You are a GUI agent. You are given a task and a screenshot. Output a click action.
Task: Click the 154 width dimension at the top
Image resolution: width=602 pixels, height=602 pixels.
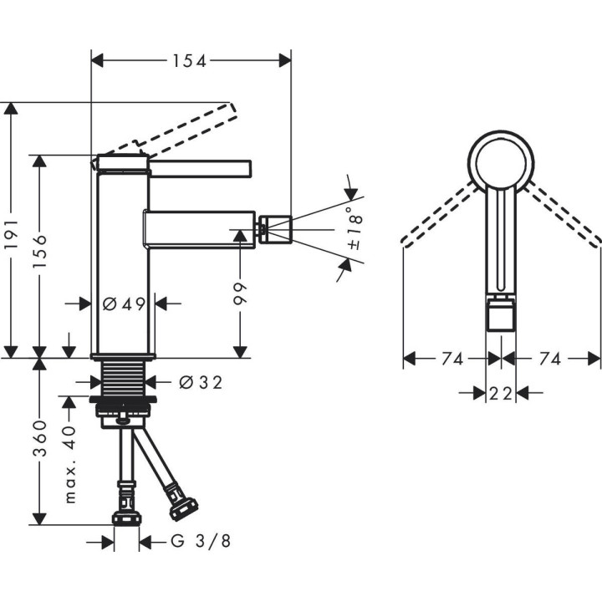190,60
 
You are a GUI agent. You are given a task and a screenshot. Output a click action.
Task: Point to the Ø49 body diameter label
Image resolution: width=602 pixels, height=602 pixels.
124,304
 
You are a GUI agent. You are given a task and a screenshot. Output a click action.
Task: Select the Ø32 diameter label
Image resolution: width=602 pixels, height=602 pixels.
201,382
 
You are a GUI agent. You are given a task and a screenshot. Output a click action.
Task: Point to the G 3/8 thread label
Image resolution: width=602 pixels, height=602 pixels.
200,542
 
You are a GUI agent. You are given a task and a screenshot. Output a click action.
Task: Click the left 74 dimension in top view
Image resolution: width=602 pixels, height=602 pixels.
451,359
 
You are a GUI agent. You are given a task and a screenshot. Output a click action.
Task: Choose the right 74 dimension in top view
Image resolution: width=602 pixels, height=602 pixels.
550,359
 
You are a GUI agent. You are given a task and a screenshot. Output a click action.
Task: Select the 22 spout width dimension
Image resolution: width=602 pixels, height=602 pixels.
501,393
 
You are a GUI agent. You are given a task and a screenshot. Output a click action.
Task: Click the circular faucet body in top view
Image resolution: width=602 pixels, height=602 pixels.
501,161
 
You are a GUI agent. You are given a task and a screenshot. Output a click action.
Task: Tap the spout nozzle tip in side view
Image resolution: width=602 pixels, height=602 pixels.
275,230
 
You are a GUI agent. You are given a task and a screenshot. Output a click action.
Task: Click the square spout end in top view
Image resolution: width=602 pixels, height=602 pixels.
501,316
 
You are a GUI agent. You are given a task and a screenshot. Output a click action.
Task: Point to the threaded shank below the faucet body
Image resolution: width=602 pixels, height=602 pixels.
124,381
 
